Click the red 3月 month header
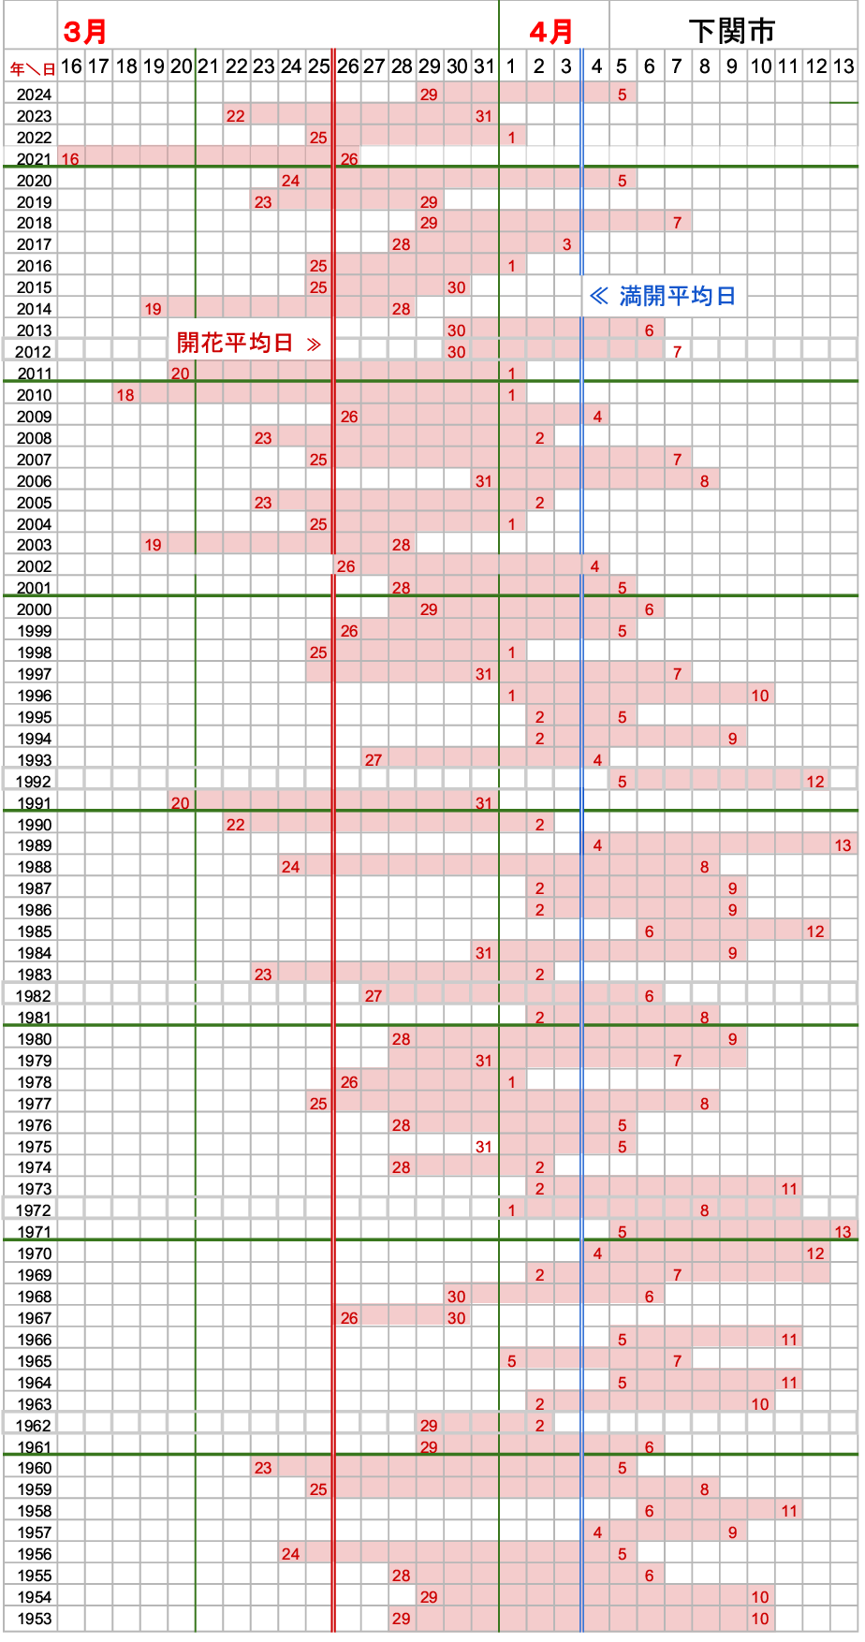[84, 32]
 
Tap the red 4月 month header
[550, 32]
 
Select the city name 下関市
[732, 32]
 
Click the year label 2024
[35, 95]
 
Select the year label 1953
[35, 1619]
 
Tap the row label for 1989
[35, 845]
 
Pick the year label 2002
[35, 566]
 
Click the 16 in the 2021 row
[70, 159]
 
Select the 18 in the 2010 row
[125, 395]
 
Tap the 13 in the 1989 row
[843, 845]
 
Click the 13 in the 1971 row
[843, 1232]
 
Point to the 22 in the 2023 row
[236, 116]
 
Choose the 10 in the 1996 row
[760, 696]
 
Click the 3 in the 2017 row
[566, 244]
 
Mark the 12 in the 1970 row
[815, 1253]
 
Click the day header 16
[71, 66]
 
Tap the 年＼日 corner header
[33, 68]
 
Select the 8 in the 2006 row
[705, 481]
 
